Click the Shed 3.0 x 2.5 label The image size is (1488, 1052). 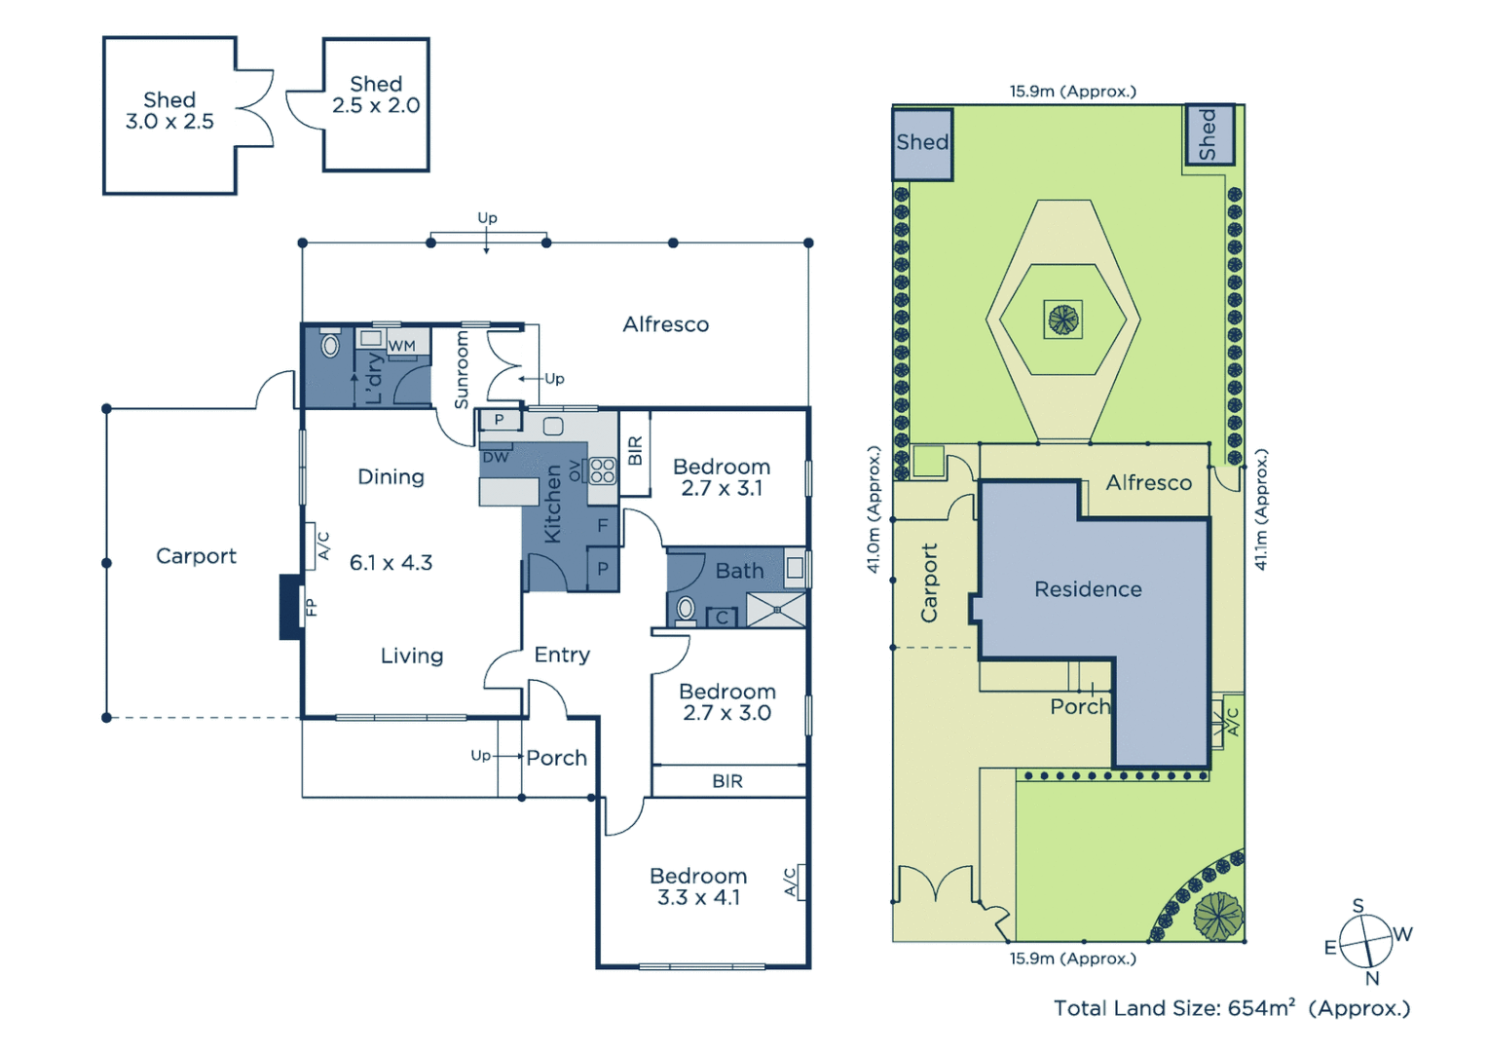coord(169,111)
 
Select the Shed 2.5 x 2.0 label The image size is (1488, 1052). coord(376,95)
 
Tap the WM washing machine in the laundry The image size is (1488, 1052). coord(401,346)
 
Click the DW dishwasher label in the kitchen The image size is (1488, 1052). coord(496,457)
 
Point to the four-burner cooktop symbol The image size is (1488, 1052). coord(603,470)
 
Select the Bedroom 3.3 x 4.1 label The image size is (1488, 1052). coord(698,886)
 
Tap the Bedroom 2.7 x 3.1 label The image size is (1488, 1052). coord(722,477)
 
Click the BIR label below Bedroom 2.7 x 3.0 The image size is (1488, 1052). coord(727,781)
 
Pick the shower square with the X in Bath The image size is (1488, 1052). coord(776,610)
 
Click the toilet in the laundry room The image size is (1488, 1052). coord(329,344)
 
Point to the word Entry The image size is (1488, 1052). coord(562,655)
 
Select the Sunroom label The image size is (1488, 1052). coord(462,370)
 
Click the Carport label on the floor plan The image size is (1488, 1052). coord(196,556)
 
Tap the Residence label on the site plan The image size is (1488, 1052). coord(1088,589)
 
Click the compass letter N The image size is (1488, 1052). coord(1372,979)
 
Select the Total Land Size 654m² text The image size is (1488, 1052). coord(1231,1008)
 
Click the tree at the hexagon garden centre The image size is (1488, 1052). coord(1062,319)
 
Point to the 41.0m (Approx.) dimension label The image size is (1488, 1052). coord(874,509)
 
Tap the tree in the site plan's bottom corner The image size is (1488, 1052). coord(1217,916)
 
